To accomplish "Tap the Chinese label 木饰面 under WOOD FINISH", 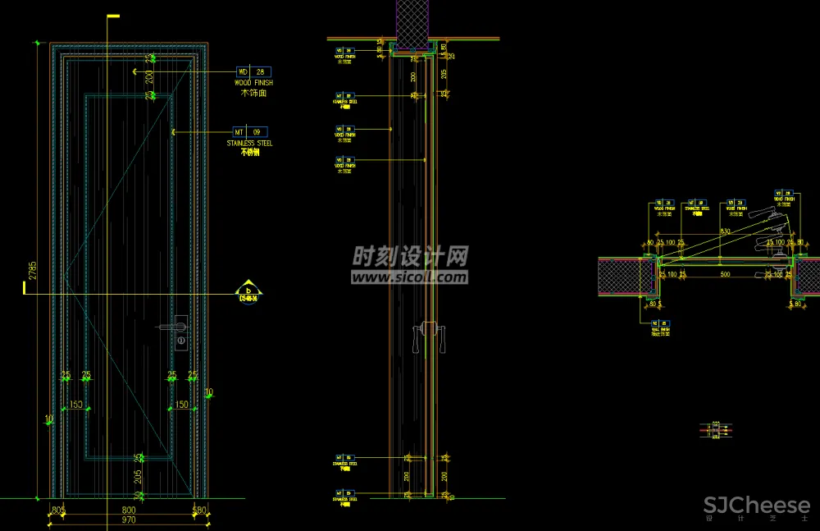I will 253,94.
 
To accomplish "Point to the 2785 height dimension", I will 33,271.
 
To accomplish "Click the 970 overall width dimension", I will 129,520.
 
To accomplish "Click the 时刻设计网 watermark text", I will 410,258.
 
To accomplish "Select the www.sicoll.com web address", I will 410,277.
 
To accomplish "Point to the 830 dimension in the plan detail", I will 725,232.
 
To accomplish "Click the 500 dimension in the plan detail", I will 725,274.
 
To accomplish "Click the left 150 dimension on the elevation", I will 75,405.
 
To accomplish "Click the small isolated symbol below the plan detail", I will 715,429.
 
